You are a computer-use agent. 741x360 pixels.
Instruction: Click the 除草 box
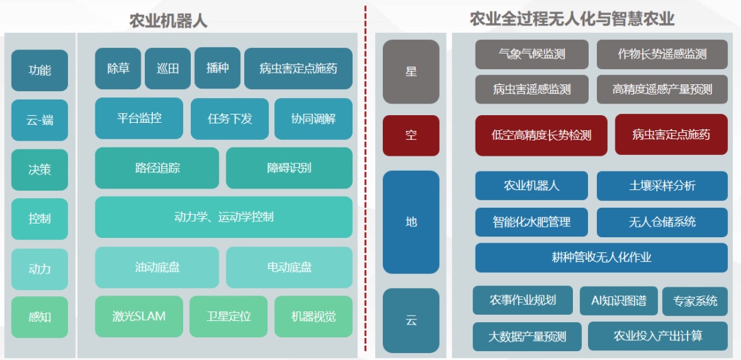point(118,69)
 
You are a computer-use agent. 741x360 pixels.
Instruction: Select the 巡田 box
point(167,69)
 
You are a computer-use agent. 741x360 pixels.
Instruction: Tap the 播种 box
point(217,68)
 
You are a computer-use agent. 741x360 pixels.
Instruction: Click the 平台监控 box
point(139,118)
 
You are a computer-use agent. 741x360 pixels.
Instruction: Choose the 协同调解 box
point(314,119)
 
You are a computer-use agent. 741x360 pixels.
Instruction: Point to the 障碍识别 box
point(289,168)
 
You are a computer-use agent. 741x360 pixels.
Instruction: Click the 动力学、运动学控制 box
point(224,217)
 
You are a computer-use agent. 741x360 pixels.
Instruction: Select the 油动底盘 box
point(157,267)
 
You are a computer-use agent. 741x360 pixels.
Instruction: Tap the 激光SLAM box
point(139,316)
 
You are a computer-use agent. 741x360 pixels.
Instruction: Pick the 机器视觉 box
point(314,316)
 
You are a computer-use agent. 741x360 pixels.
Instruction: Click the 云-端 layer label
point(40,121)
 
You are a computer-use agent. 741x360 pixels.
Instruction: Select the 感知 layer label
point(40,317)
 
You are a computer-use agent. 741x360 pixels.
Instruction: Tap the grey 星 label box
point(411,71)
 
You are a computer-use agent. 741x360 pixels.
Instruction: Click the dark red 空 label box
point(411,135)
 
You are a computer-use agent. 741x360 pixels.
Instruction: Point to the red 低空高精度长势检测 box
point(541,135)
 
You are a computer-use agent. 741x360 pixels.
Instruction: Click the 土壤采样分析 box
point(662,186)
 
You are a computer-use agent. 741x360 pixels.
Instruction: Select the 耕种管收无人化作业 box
point(601,258)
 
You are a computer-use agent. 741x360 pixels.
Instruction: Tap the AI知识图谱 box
point(618,300)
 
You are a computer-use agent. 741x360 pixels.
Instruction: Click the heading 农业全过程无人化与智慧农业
point(572,19)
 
